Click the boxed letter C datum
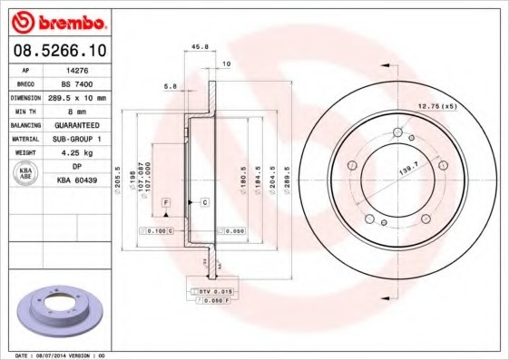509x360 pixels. pyautogui.click(x=205, y=200)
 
